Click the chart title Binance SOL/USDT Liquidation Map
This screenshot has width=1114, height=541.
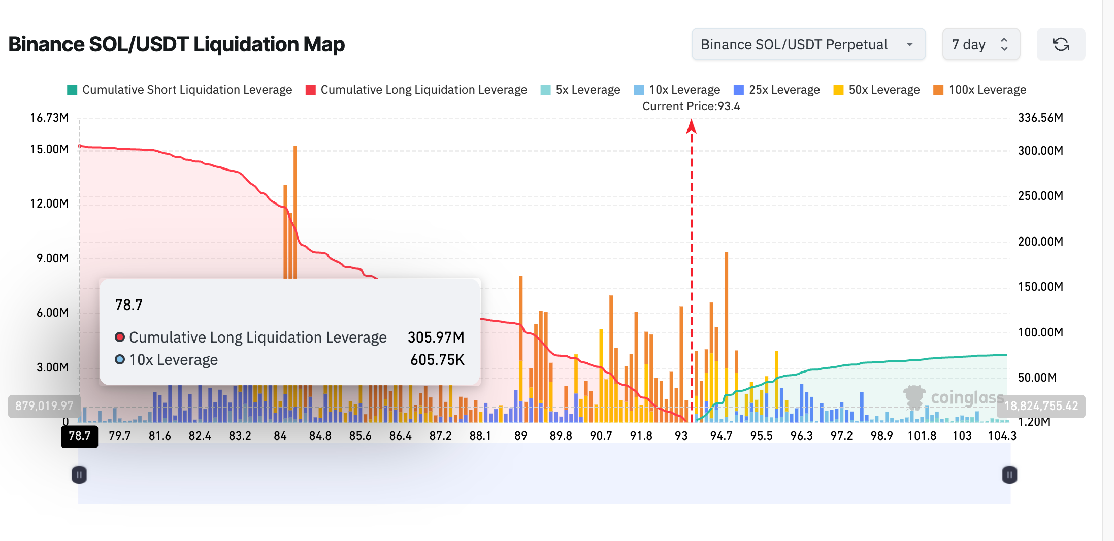point(176,44)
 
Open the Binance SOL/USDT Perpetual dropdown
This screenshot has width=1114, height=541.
point(808,45)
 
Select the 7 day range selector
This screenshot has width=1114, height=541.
point(980,45)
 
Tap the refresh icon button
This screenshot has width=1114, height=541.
point(1061,45)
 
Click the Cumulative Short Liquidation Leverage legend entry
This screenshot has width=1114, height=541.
point(180,90)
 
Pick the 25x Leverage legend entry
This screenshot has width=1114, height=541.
point(777,90)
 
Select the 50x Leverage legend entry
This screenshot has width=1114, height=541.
point(877,90)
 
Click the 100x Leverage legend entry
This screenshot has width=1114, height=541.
point(980,90)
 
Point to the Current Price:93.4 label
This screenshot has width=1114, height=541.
point(691,106)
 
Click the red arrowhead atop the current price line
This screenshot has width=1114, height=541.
point(691,126)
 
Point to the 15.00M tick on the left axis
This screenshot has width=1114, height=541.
point(49,149)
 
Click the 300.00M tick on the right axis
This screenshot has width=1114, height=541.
point(1040,151)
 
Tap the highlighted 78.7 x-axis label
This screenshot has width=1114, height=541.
point(80,436)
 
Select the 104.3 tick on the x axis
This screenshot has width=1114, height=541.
point(1002,436)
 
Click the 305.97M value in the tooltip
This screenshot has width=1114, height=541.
point(436,337)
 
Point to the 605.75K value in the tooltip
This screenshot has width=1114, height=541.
point(437,360)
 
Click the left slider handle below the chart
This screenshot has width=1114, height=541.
point(79,475)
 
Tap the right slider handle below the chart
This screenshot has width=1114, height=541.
point(1009,475)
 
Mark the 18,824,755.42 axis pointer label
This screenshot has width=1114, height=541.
point(1041,406)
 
